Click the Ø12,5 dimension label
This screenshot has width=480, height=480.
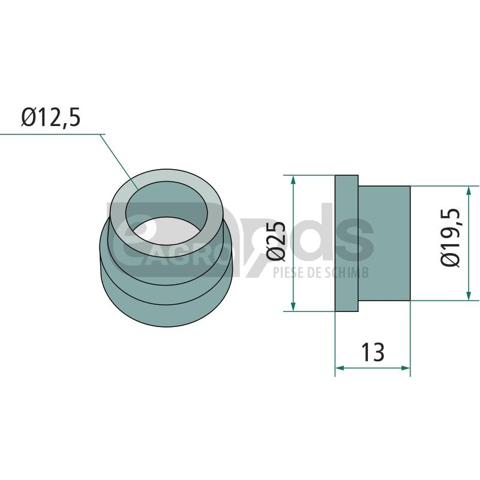tap(51, 117)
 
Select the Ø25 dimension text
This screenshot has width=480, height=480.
tap(276, 242)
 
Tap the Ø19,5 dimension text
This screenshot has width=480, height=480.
tap(450, 238)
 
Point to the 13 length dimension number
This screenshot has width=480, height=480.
tap(373, 352)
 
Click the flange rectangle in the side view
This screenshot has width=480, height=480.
tap(347, 244)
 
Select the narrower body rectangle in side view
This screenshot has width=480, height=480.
tap(384, 243)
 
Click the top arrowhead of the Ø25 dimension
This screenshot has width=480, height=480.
tap(293, 179)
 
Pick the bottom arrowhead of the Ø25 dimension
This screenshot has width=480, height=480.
tap(293, 307)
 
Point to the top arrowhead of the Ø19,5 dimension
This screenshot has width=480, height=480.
tap(469, 190)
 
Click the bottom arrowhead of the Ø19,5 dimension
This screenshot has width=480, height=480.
tap(469, 296)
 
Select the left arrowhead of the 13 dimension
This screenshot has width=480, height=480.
tap(340, 368)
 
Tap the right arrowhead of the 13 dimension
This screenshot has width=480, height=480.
tap(406, 368)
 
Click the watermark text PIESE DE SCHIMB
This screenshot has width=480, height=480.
tap(321, 272)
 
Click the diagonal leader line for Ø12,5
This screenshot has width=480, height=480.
tap(119, 162)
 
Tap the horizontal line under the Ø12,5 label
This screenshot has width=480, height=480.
tap(52, 134)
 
